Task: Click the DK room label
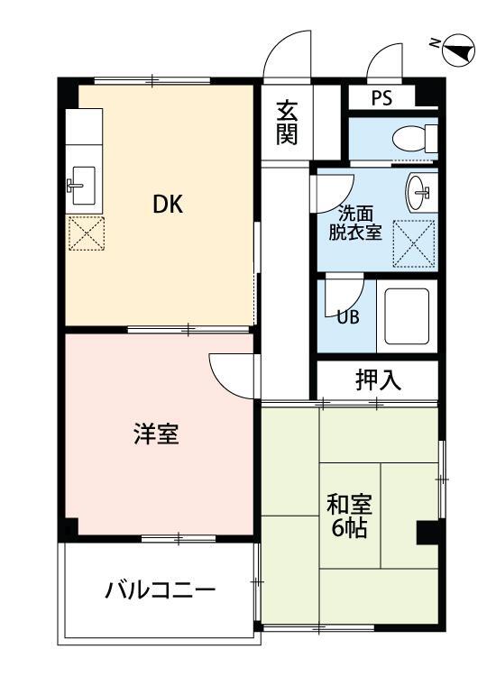167,205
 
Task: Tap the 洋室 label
156,434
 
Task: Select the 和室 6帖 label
347,515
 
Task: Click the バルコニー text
161,591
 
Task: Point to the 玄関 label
287,123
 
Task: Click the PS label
381,98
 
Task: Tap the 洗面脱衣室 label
360,222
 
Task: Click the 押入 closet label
377,379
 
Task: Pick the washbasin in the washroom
420,189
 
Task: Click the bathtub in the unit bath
407,315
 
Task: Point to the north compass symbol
458,49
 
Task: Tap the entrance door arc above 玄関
287,56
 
